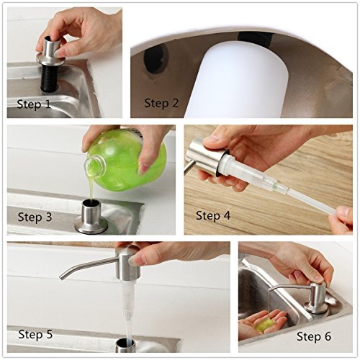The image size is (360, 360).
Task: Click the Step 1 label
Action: point(34,104)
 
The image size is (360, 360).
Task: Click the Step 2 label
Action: point(161,103)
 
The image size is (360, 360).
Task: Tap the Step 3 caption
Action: point(35,217)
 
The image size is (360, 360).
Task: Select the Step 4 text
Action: point(213,215)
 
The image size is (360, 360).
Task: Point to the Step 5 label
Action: point(35,334)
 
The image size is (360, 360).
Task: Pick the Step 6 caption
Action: point(314,336)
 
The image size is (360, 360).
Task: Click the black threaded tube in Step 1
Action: point(50,78)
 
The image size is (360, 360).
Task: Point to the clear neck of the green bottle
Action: point(96,166)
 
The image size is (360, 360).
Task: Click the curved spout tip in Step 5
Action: point(63,277)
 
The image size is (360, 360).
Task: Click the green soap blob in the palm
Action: point(265,325)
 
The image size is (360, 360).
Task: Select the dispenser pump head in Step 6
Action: point(318,297)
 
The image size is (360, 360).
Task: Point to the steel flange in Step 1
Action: point(50,60)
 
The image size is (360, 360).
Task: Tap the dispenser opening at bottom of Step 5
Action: point(125,345)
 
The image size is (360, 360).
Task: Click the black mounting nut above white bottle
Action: point(255,40)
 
